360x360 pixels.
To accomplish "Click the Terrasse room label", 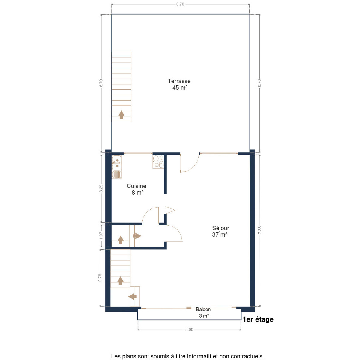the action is (179, 81).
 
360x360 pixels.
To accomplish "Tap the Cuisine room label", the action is (136, 186).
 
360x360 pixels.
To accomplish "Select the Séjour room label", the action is (220, 228).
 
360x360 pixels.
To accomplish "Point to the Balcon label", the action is (203, 310).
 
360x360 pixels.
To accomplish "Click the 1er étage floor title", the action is (258, 319).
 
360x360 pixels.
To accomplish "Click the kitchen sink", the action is (117, 167).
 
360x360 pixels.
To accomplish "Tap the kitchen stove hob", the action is (158, 162).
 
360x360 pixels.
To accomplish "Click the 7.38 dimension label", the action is (259, 230).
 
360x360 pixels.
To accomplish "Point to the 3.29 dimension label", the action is (101, 188).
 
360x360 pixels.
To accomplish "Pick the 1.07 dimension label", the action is (101, 236).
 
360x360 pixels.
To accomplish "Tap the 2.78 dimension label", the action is (100, 278).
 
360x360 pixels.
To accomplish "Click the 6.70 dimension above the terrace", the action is (180, 4).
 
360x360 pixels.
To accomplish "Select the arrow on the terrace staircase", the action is (121, 115).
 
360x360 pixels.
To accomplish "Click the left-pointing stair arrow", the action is (133, 296).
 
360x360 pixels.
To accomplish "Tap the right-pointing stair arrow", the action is (137, 236).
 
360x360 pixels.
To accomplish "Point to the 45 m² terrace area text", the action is (180, 88).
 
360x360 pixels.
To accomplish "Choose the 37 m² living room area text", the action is (220, 235).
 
